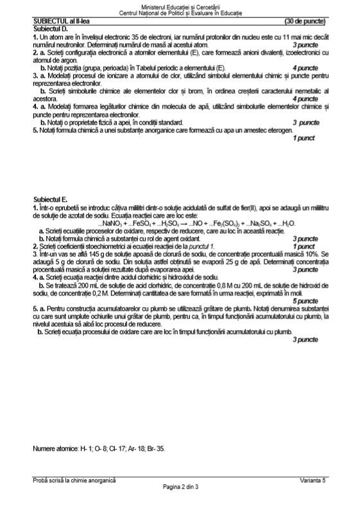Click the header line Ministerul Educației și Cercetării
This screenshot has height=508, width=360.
(179, 6)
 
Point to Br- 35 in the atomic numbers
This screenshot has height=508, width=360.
(154, 448)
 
